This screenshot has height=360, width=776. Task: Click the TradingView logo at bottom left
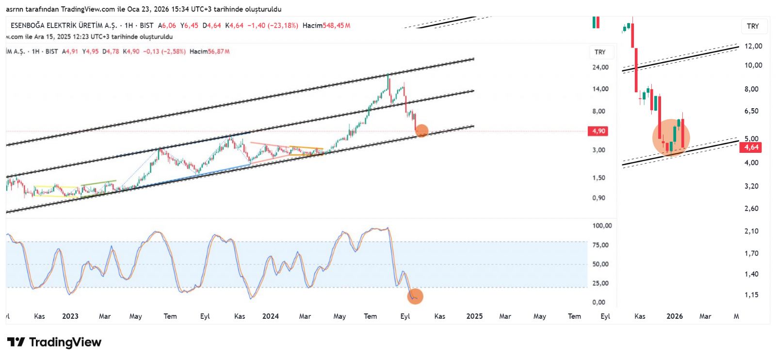[54, 342]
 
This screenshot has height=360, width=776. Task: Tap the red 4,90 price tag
[598, 131]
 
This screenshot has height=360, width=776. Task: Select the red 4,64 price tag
[751, 147]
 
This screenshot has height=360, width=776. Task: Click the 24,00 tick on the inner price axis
[600, 67]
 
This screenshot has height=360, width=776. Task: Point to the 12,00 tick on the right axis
[753, 46]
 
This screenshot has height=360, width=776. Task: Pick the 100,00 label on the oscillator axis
[602, 226]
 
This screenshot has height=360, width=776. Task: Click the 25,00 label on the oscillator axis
[600, 283]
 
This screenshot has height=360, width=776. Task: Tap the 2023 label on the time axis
[70, 316]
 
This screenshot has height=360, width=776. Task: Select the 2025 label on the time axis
[474, 316]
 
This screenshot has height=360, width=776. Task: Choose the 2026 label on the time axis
[674, 316]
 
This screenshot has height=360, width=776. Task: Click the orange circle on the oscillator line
[415, 296]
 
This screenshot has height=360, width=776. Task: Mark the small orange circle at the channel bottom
[421, 131]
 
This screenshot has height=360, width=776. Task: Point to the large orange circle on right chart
[671, 137]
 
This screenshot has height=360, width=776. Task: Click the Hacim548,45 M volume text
[326, 26]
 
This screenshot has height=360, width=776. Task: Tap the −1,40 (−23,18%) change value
[273, 26]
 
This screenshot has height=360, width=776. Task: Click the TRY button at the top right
[753, 26]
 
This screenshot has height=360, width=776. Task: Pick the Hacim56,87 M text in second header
[210, 51]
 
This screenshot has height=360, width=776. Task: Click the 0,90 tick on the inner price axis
[598, 198]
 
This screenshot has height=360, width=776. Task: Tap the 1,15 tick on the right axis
[751, 295]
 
